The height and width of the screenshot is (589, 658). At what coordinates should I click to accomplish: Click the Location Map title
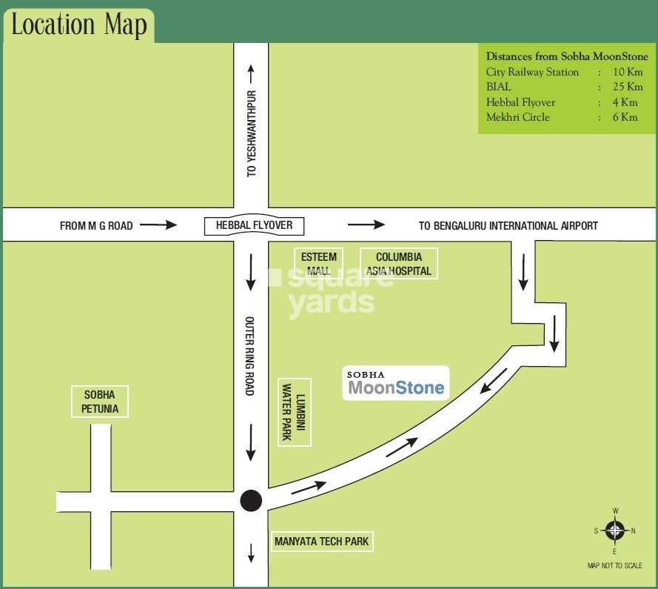tap(78, 25)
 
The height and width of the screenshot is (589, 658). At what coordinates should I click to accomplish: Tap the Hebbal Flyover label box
tap(254, 225)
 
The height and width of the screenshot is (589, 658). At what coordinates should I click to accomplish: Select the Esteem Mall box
tap(319, 264)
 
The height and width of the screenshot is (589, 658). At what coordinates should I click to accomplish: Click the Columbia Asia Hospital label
tap(398, 264)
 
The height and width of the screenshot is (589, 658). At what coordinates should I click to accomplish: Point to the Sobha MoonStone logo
tap(396, 383)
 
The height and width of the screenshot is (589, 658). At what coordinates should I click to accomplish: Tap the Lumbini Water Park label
tap(295, 412)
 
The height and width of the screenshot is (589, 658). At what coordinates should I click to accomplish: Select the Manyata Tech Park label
tap(321, 542)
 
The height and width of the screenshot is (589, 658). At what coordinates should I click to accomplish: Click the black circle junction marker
tap(252, 501)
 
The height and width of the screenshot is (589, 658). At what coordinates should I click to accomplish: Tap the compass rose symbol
tap(615, 530)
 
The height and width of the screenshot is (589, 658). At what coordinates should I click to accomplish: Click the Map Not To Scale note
tap(615, 565)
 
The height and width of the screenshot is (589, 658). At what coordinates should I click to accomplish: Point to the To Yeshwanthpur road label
tap(251, 133)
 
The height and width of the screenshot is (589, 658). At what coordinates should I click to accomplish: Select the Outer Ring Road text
tap(250, 356)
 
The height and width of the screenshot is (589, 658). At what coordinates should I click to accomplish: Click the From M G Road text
tap(96, 226)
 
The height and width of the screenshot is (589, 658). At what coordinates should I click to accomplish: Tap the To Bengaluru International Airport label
tap(508, 226)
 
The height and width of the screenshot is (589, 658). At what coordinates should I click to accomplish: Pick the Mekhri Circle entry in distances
tap(518, 117)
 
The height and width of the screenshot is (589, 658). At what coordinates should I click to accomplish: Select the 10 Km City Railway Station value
tap(628, 72)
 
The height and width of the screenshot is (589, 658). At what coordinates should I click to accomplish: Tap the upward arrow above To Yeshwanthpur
tap(251, 73)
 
